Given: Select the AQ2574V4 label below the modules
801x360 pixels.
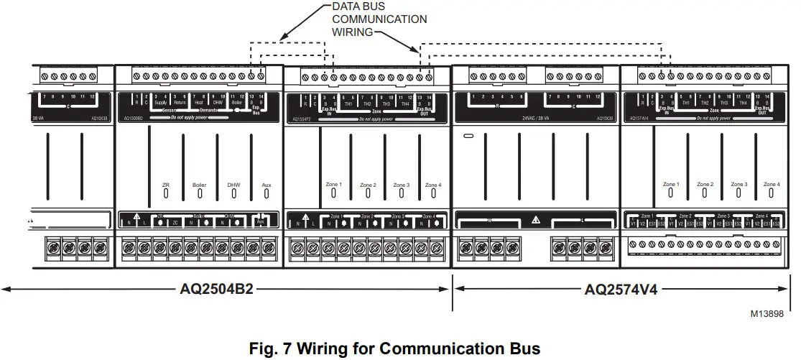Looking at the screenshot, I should pyautogui.click(x=621, y=290).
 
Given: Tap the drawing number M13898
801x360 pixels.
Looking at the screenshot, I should pyautogui.click(x=767, y=313).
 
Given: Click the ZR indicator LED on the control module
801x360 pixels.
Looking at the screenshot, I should pyautogui.click(x=165, y=193).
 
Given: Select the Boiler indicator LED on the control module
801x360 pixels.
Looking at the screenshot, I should pyautogui.click(x=199, y=193).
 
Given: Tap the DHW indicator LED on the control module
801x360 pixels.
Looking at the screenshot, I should pyautogui.click(x=233, y=193).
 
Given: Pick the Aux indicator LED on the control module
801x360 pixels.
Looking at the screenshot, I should pyautogui.click(x=267, y=193).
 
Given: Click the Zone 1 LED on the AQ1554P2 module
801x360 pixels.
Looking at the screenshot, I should pyautogui.click(x=334, y=193).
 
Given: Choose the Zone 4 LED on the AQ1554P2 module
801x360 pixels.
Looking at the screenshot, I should pyautogui.click(x=433, y=193).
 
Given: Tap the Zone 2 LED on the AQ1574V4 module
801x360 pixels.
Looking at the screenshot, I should pyautogui.click(x=705, y=193).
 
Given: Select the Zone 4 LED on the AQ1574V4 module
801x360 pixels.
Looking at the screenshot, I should pyautogui.click(x=772, y=193).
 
